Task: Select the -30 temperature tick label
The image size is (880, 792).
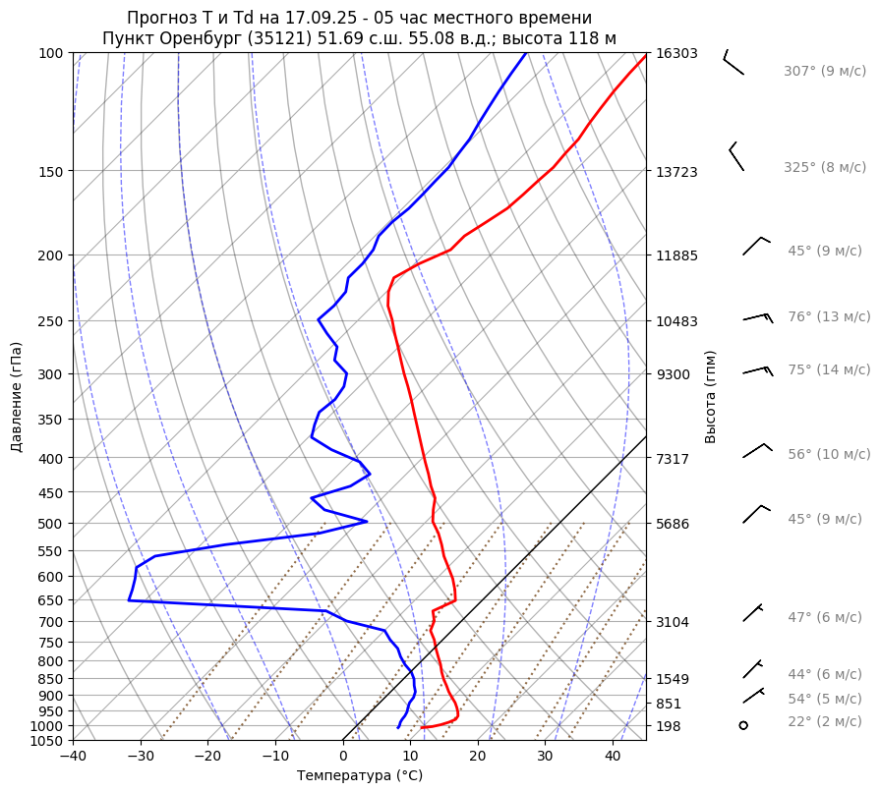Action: point(141,756)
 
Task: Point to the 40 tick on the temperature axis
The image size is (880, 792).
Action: point(613,756)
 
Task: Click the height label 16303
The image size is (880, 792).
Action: point(676,53)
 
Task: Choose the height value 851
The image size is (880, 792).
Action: point(669,704)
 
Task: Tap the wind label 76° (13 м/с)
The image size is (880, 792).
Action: point(828,316)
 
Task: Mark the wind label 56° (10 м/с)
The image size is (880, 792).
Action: point(828,454)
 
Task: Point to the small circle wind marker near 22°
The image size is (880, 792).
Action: point(743,725)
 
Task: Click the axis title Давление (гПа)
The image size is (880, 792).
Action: point(17,397)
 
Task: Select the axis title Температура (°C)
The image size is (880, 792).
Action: point(360,776)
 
